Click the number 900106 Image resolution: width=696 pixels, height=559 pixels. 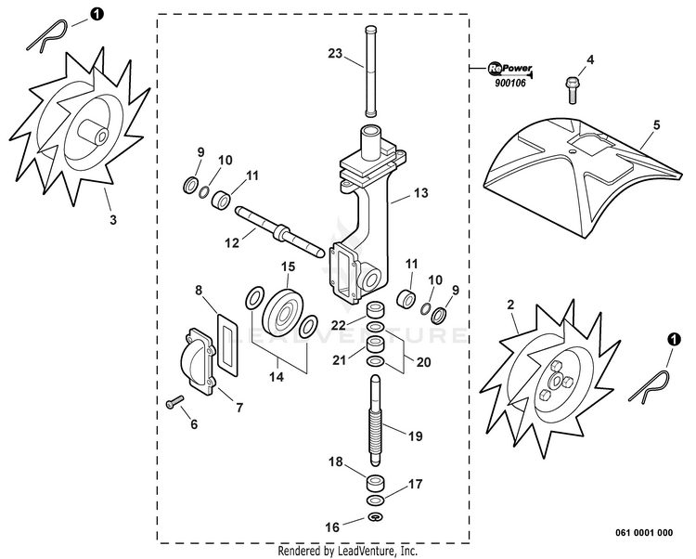pos(509,84)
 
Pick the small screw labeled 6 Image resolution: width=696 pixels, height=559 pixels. pos(174,403)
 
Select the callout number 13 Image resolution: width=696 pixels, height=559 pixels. pos(421,193)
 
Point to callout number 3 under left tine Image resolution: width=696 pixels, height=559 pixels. pos(113,220)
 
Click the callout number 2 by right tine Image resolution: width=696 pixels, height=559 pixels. pos(509,305)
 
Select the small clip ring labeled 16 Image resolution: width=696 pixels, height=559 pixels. pos(376,516)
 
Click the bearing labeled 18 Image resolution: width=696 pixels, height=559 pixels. pos(376,483)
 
